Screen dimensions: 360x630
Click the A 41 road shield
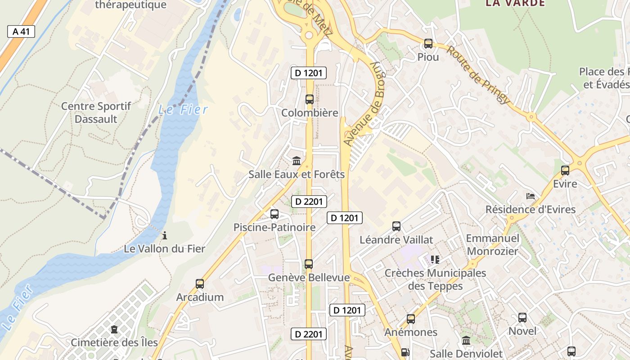click(x=21, y=31)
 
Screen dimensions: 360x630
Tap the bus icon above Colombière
click(x=310, y=99)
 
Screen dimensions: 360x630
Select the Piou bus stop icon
click(x=428, y=44)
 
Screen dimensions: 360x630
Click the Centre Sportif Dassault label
click(x=96, y=112)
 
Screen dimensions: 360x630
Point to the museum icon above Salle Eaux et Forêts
click(x=297, y=161)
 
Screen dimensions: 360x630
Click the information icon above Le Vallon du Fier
click(x=165, y=235)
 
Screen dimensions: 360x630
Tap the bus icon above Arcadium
click(x=200, y=284)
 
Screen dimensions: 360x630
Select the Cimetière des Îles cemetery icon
click(x=114, y=329)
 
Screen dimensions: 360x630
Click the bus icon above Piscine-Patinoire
click(x=274, y=214)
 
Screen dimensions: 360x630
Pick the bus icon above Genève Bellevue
click(x=309, y=264)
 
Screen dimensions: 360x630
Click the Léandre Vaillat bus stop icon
click(x=396, y=226)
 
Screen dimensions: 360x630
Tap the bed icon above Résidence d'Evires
click(x=531, y=196)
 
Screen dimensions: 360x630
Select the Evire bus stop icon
click(x=565, y=171)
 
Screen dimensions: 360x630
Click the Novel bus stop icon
click(x=522, y=318)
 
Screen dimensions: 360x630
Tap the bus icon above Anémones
click(x=411, y=319)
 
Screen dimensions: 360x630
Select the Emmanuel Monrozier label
click(x=492, y=245)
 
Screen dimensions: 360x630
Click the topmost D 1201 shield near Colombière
click(x=308, y=73)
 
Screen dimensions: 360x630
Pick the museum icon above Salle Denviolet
click(x=466, y=341)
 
